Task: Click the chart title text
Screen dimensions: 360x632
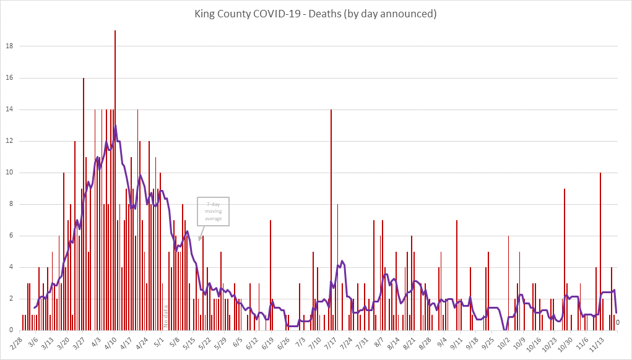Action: (x=316, y=14)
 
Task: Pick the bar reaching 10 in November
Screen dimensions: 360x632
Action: (x=600, y=247)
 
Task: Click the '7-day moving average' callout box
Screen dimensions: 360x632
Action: (x=214, y=212)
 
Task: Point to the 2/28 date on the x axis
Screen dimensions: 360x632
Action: (x=17, y=342)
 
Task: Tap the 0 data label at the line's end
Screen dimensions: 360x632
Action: (x=618, y=322)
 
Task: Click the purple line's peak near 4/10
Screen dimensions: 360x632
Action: (x=115, y=126)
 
